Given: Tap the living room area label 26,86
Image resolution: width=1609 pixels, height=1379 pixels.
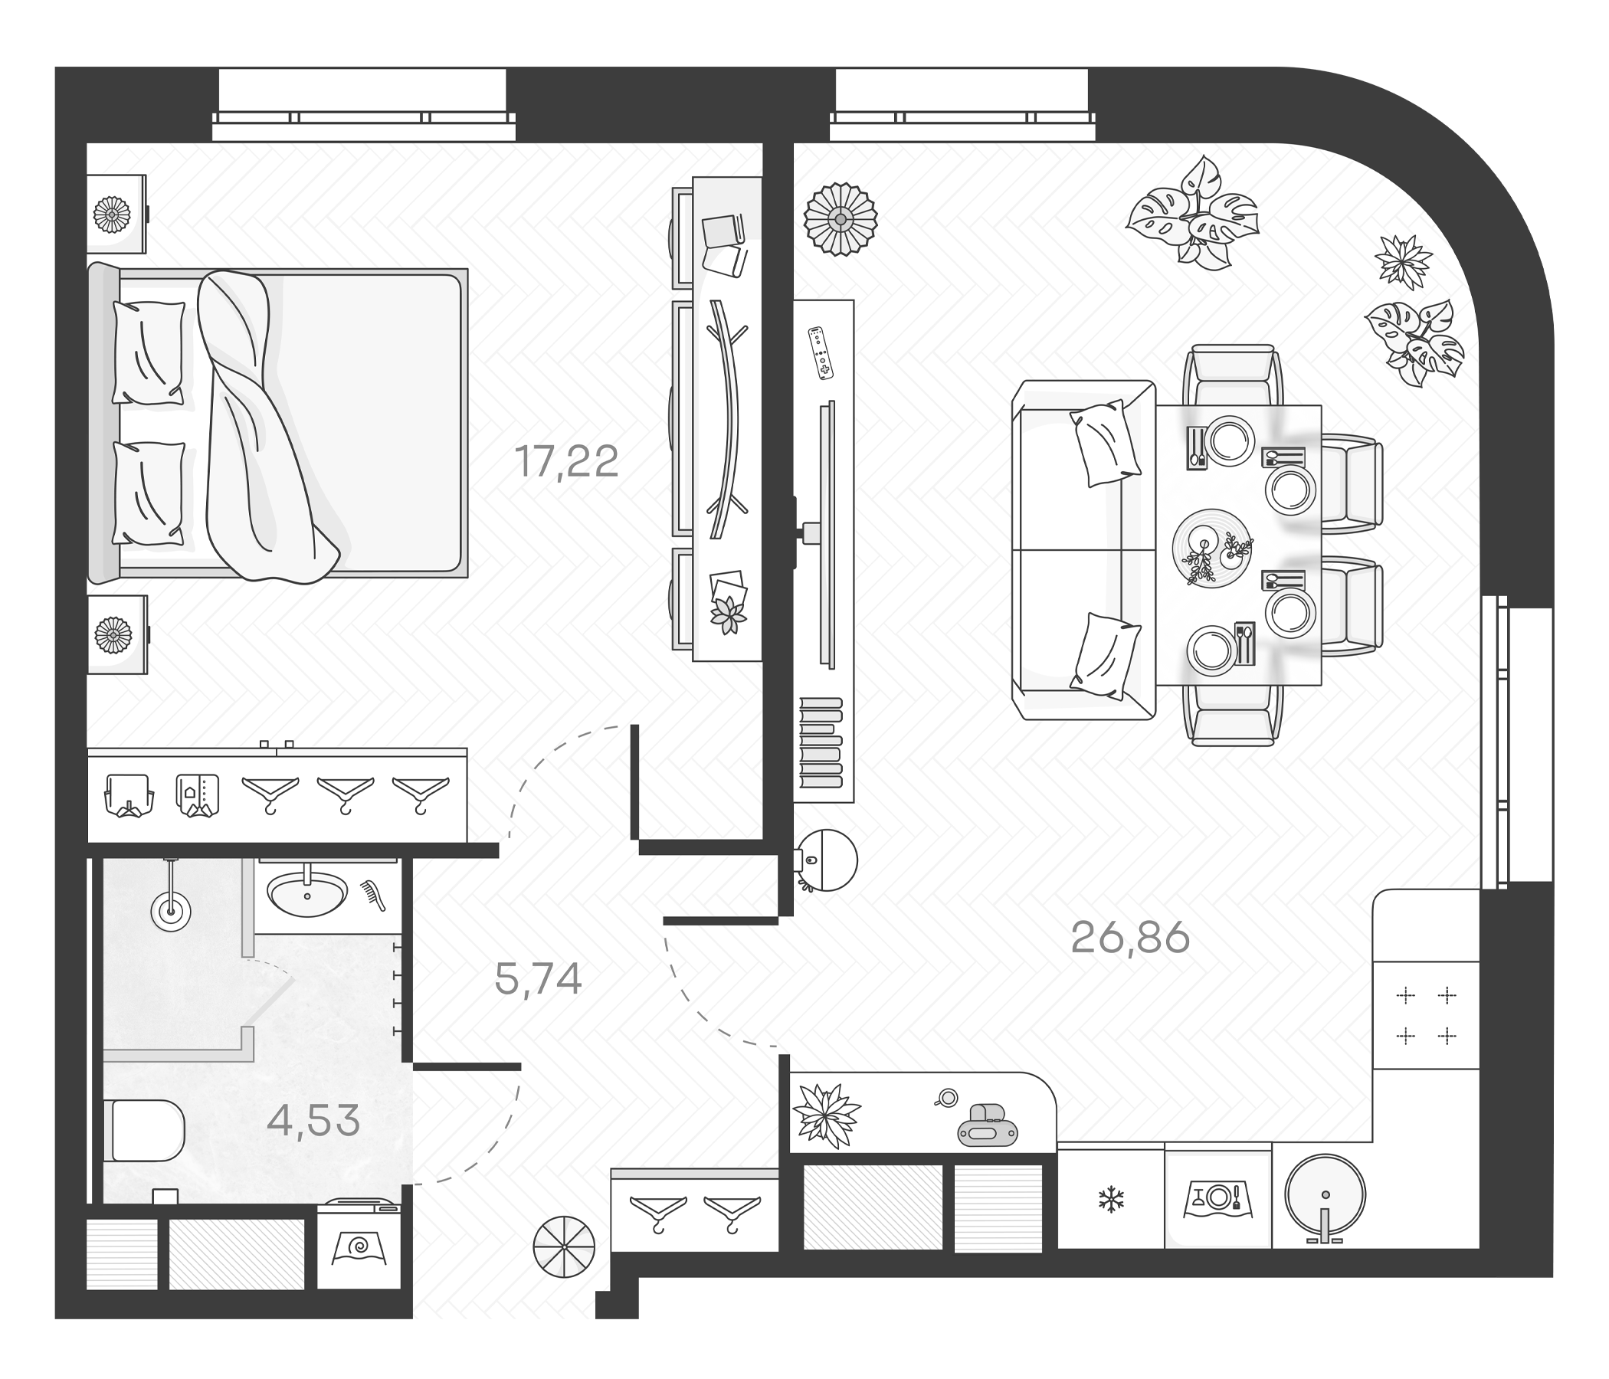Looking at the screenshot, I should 1130,938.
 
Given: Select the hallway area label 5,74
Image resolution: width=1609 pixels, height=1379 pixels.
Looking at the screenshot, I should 538,979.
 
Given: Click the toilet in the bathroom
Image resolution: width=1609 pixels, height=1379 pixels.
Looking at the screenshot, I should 145,1130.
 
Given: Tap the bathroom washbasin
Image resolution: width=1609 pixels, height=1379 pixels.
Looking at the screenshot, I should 306,894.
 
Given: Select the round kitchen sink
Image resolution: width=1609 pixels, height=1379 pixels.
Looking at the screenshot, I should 1325,1194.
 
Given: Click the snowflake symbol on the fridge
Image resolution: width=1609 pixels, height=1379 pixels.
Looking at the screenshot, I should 1111,1200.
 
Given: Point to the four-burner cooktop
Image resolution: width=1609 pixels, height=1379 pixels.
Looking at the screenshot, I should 1426,1015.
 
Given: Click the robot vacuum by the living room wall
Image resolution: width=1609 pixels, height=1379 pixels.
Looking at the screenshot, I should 827,860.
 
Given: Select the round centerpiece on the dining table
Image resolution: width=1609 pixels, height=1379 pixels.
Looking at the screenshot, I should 1211,549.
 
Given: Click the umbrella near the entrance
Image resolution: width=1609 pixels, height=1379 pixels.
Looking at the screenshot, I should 564,1246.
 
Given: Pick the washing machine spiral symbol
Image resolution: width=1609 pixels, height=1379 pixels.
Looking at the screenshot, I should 359,1248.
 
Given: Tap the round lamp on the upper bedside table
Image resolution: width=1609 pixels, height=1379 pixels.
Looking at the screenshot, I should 112,215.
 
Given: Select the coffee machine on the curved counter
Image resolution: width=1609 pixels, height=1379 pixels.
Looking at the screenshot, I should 987,1125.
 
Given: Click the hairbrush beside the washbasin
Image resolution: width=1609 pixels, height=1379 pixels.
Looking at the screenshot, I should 374,895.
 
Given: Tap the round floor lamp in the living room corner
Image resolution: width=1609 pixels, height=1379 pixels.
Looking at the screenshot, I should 841,219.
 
